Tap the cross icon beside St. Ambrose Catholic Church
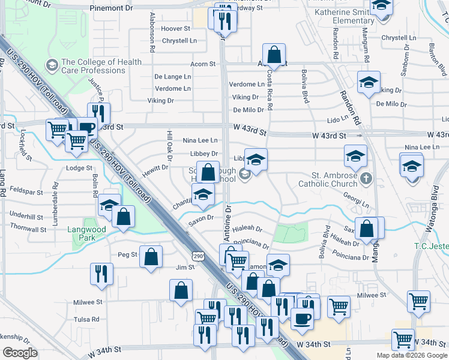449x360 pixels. click(x=366, y=178)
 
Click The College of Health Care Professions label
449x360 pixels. click(x=101, y=66)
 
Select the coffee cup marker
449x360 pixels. click(x=302, y=317)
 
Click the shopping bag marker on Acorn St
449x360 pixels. click(x=274, y=55)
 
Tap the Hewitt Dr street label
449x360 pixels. click(x=156, y=168)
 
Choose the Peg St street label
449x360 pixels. click(x=127, y=254)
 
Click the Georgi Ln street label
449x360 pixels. click(x=355, y=196)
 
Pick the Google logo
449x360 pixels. click(x=20, y=353)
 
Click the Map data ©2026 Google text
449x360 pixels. click(x=411, y=355)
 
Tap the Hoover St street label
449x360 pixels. click(x=175, y=29)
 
